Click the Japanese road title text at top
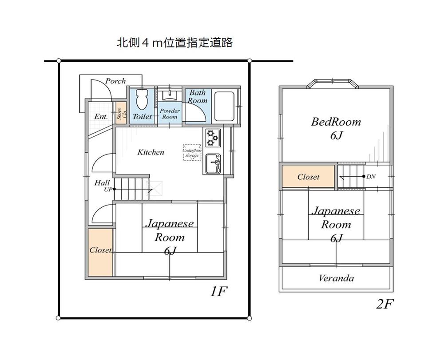pos(174,43)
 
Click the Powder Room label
pos(169,114)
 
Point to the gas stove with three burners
pos(213,138)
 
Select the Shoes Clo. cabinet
pos(120,114)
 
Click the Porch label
pos(115,81)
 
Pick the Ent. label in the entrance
pos(101,117)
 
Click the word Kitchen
pos(151,152)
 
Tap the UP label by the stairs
pos(108,190)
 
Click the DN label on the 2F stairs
pos(371,176)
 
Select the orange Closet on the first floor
pos(100,251)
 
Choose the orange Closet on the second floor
pos(308,177)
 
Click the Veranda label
pos(336,278)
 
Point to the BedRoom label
pos(336,122)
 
